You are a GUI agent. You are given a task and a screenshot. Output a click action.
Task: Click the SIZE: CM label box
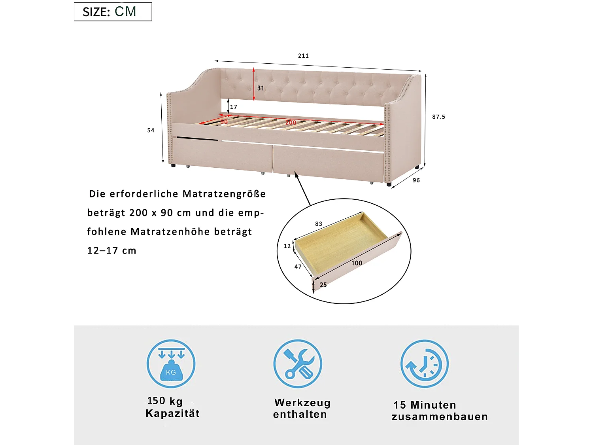click(x=113, y=11)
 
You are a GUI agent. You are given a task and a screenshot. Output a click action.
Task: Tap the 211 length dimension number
click(x=303, y=56)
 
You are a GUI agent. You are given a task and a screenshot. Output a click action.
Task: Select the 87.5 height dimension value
click(x=438, y=117)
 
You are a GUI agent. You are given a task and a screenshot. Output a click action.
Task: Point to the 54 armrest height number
click(x=151, y=130)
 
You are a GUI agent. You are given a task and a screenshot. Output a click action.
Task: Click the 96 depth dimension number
click(x=416, y=180)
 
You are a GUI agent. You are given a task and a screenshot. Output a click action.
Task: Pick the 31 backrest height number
click(x=261, y=88)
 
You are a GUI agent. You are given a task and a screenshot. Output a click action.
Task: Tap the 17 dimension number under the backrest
click(x=234, y=107)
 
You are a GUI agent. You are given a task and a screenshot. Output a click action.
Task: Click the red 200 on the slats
click(x=291, y=123)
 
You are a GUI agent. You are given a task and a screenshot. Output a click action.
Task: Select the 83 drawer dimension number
click(x=319, y=224)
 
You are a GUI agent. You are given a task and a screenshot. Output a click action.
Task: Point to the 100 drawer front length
click(x=357, y=263)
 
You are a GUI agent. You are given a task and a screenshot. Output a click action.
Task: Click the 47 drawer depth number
click(x=298, y=267)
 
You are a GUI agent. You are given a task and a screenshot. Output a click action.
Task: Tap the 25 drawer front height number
click(x=323, y=285)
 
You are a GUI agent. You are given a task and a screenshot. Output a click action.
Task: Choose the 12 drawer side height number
click(x=287, y=246)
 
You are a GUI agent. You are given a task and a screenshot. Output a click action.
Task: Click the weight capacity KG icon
click(x=171, y=364)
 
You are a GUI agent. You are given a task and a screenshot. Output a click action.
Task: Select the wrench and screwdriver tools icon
click(x=298, y=364)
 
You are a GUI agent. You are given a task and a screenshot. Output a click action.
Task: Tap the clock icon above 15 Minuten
click(x=425, y=364)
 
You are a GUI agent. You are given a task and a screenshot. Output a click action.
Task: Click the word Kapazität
click(x=173, y=413)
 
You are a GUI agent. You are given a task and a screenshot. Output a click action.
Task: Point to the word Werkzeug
click(x=302, y=403)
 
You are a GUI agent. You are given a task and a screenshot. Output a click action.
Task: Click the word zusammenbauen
click(x=440, y=417)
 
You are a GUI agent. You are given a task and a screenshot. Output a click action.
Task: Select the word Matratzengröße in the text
click(x=224, y=194)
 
